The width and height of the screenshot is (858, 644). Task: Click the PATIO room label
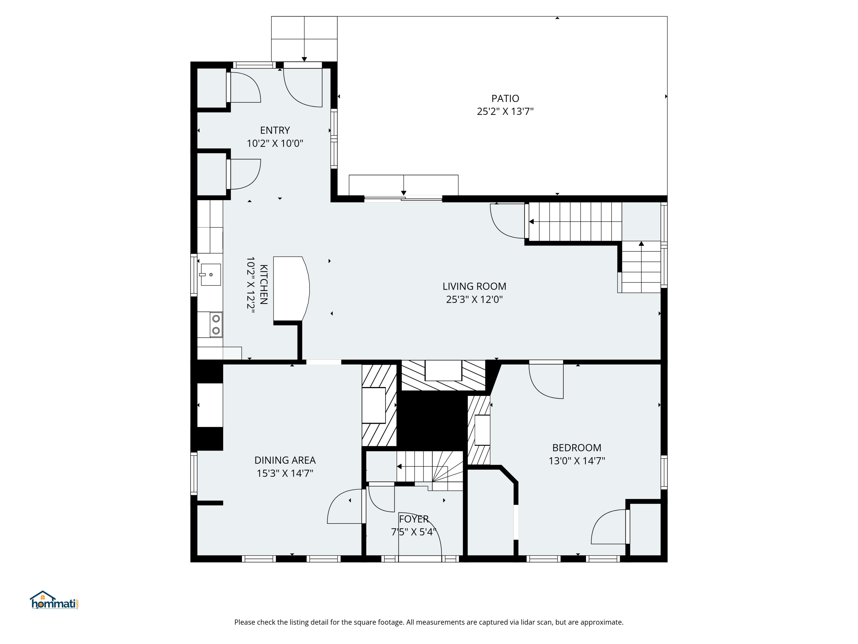pos(505,98)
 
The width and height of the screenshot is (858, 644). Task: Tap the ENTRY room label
pos(275,131)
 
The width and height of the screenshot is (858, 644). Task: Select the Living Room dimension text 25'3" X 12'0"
pos(474,299)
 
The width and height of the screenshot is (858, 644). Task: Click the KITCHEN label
pos(263,285)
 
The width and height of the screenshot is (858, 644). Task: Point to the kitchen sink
pos(210,274)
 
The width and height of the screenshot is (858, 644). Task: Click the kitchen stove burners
pos(216,325)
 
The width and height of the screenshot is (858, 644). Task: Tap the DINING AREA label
pos(285,460)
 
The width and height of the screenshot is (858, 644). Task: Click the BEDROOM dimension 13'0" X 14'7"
pos(577,461)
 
